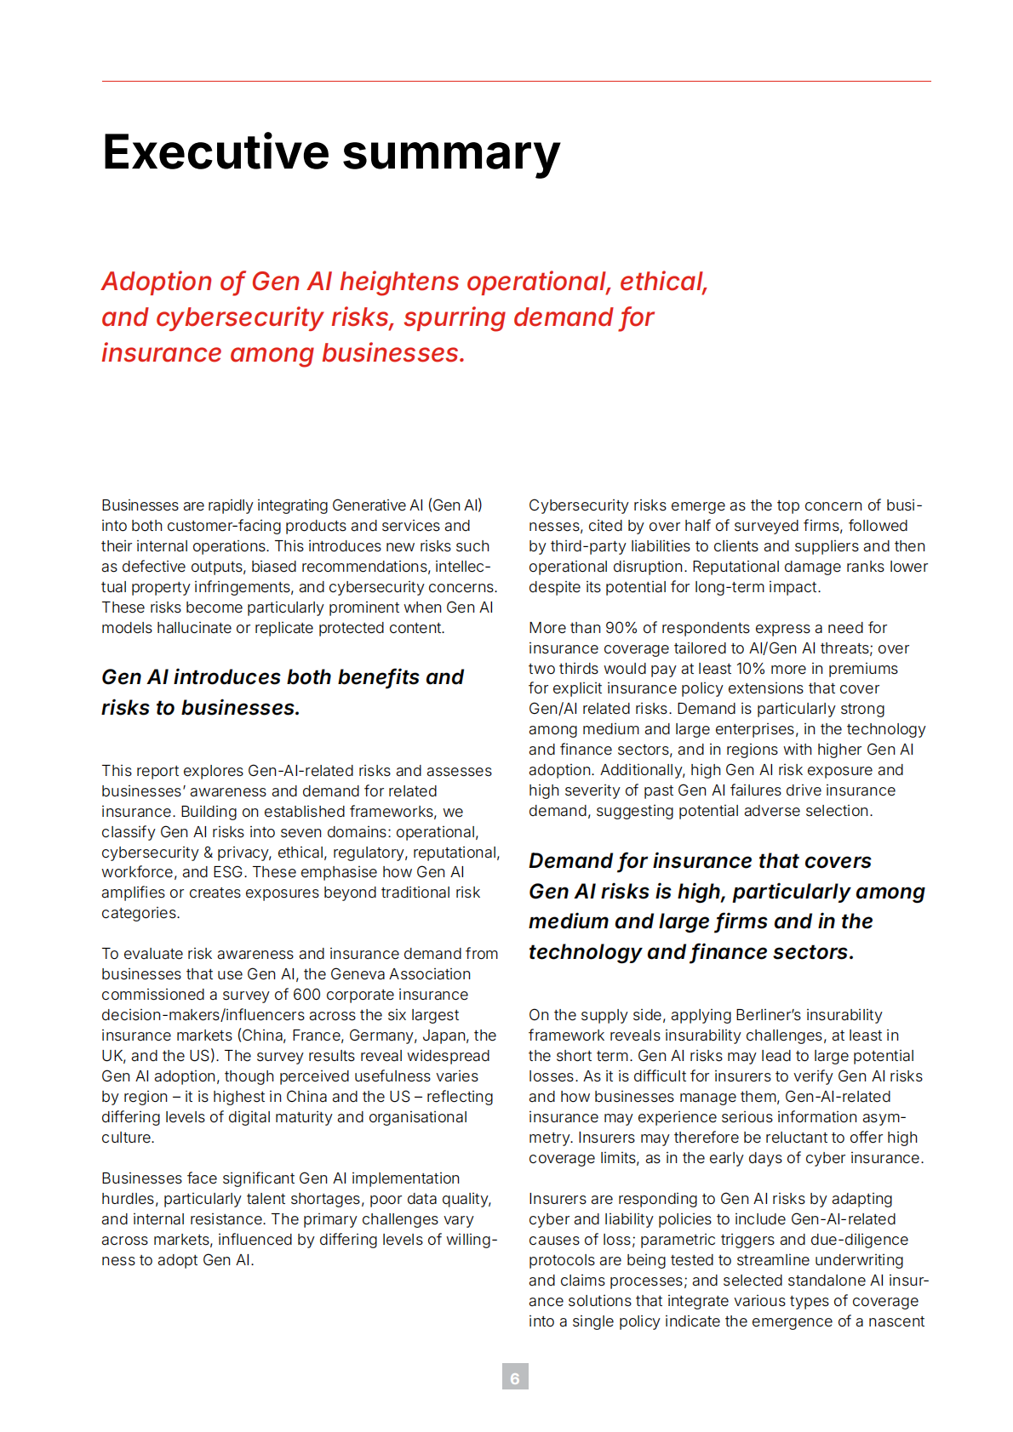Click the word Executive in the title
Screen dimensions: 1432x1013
(x=215, y=152)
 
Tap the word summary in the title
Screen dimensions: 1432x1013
(x=451, y=154)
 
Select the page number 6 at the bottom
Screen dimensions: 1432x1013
(x=514, y=1376)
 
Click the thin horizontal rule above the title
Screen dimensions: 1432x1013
(x=516, y=82)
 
